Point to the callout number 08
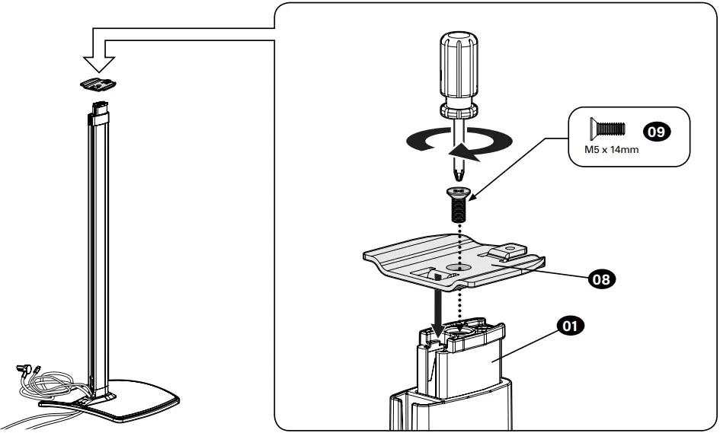tap(601, 279)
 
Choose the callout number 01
tap(569, 326)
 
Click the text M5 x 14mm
tap(606, 149)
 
